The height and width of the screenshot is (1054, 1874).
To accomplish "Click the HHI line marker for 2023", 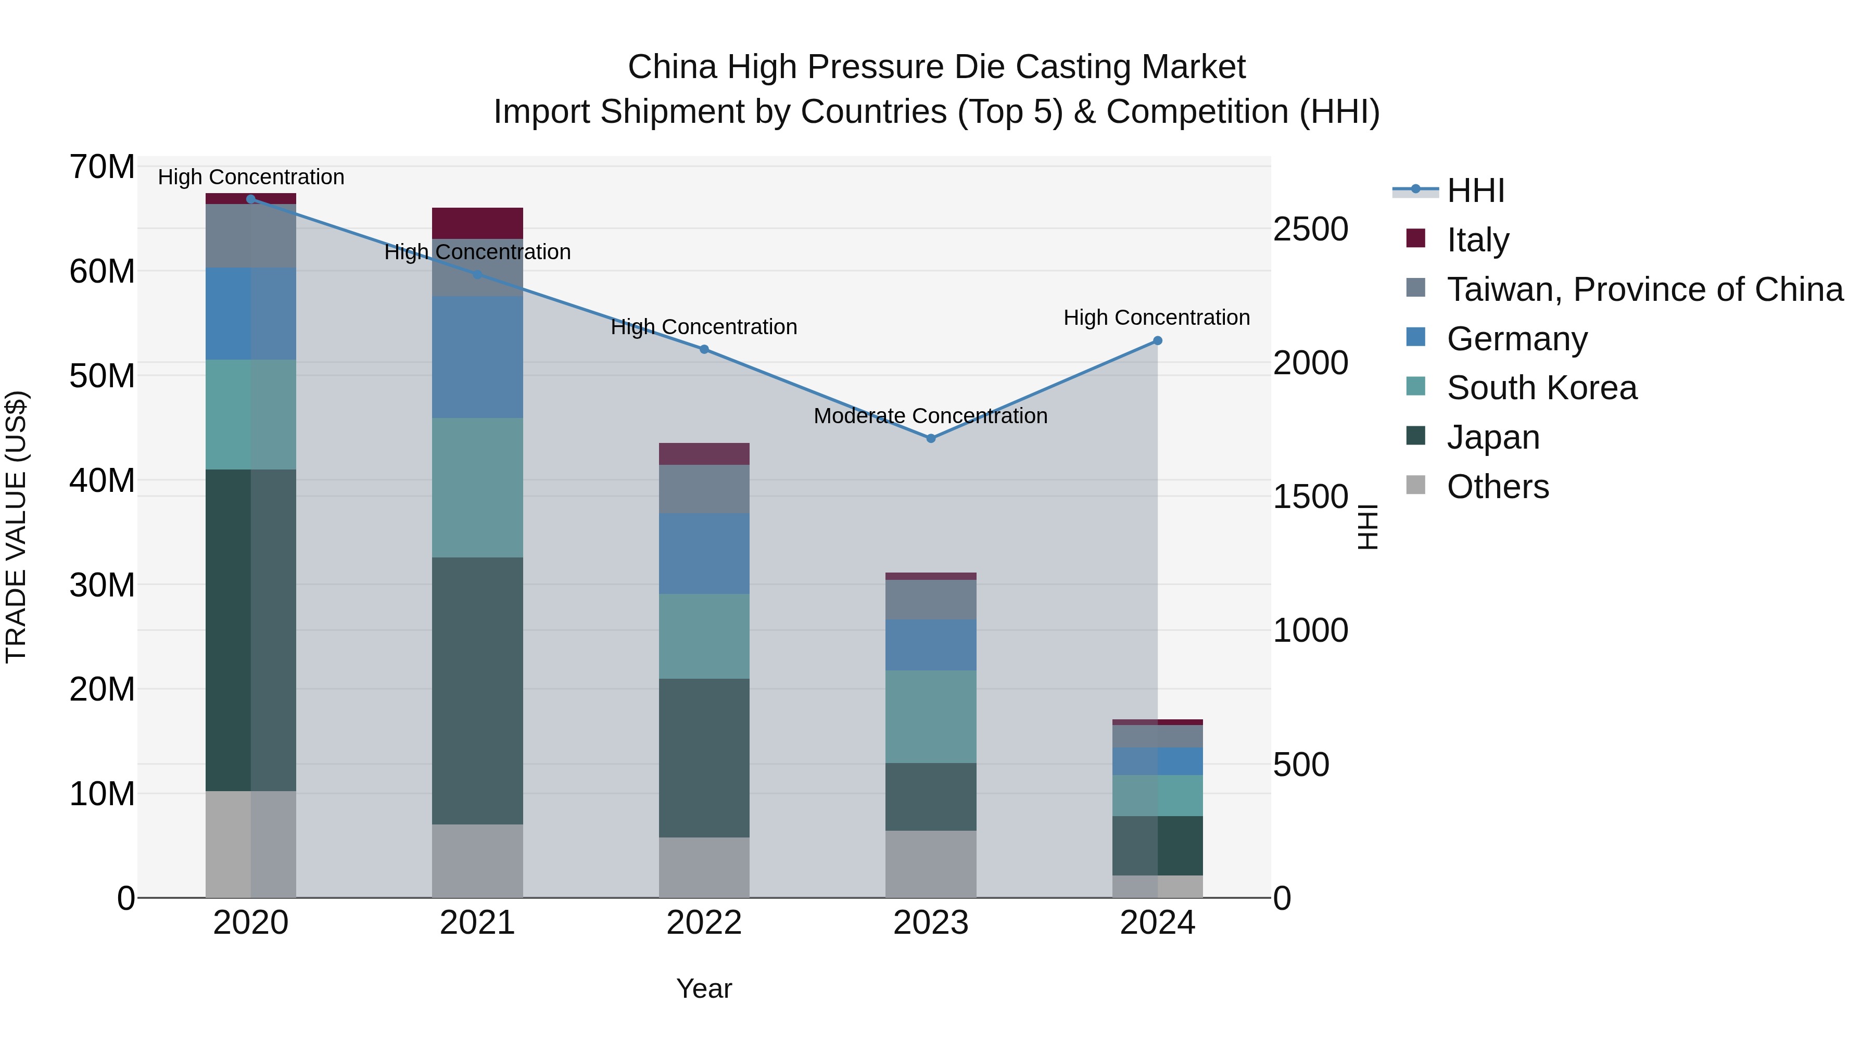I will click(930, 438).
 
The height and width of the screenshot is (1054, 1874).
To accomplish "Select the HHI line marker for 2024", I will click(1157, 340).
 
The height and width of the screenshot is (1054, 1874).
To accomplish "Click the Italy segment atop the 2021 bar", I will click(477, 223).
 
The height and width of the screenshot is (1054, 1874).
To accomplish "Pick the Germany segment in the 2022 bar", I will click(703, 554).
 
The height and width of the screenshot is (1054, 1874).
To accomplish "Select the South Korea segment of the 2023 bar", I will click(930, 717).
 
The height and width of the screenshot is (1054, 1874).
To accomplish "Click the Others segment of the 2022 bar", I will click(703, 867).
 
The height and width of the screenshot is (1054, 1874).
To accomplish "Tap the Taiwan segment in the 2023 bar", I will click(930, 600).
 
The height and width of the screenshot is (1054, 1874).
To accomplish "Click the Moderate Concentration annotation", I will click(930, 416).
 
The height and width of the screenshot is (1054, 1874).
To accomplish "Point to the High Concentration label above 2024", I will click(1157, 318).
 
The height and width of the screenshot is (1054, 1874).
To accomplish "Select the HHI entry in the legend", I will click(1475, 191).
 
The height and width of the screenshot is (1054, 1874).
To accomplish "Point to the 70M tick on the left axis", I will click(102, 167).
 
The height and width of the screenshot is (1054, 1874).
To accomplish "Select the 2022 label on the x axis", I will click(703, 923).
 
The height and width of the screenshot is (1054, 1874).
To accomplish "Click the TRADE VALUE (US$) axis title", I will click(16, 527).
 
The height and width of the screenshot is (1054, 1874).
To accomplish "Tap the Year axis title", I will click(703, 988).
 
